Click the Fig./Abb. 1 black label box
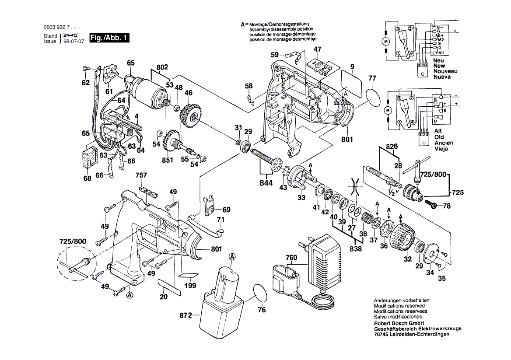(x=109, y=38)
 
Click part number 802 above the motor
(x=162, y=68)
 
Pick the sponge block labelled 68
(x=90, y=157)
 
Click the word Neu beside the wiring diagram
(x=438, y=60)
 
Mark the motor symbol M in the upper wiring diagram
(x=386, y=42)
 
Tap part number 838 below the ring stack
(x=356, y=249)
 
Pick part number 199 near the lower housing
(x=190, y=287)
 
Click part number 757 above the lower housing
(x=141, y=176)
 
